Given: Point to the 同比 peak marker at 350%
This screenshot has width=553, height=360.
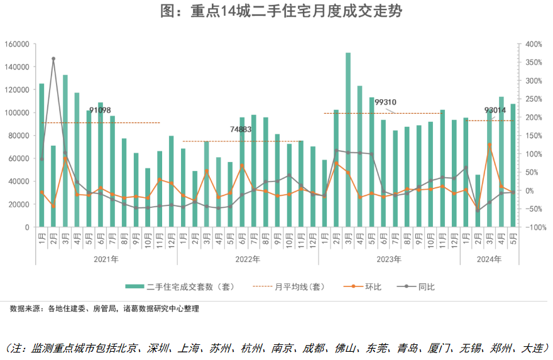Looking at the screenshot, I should pyautogui.click(x=53, y=58).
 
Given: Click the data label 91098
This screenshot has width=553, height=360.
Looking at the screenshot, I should pyautogui.click(x=100, y=111).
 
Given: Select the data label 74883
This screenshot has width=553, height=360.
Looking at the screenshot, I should pyautogui.click(x=241, y=129).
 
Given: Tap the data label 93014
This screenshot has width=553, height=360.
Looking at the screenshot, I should pyautogui.click(x=495, y=111).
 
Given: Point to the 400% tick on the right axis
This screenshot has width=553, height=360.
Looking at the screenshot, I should pyautogui.click(x=535, y=45).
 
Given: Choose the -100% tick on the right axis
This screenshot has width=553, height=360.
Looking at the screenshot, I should pyautogui.click(x=535, y=227).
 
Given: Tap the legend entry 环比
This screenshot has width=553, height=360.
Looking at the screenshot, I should pyautogui.click(x=364, y=287).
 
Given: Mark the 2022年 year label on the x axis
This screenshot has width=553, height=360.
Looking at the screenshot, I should pyautogui.click(x=248, y=258).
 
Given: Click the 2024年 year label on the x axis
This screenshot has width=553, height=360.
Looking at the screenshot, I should pyautogui.click(x=489, y=258).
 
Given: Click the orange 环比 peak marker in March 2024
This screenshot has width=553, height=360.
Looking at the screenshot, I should pyautogui.click(x=490, y=145).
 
